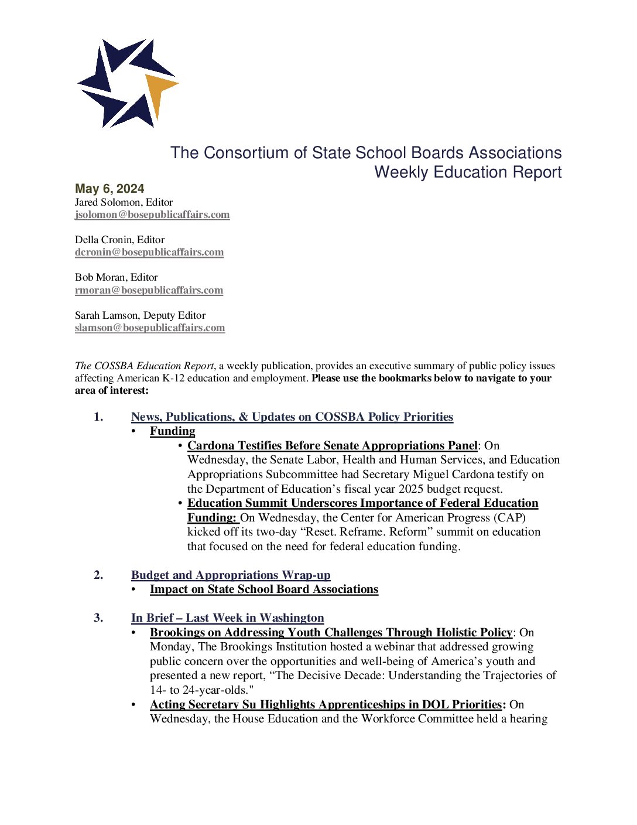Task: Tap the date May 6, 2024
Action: coord(109,189)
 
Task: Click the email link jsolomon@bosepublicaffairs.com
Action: coord(152,214)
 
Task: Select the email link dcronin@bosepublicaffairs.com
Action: coord(149,252)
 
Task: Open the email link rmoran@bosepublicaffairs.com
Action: coord(149,290)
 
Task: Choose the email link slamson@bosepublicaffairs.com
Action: coord(150,328)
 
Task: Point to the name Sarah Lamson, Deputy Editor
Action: coord(140,315)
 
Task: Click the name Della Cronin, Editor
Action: coord(119,240)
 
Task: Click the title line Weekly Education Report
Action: coord(468,172)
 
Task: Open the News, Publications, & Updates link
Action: coord(292,417)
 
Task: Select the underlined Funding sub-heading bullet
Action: coord(172,431)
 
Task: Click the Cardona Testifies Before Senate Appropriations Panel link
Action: coord(332,445)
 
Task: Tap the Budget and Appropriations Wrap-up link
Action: coord(231,575)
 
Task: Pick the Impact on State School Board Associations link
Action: coord(264,589)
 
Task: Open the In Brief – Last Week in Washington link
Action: coord(227,618)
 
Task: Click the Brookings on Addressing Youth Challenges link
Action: coord(331,632)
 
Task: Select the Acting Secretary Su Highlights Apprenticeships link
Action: coord(326,704)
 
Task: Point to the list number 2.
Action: coord(98,575)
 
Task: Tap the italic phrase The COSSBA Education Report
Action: coord(145,366)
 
